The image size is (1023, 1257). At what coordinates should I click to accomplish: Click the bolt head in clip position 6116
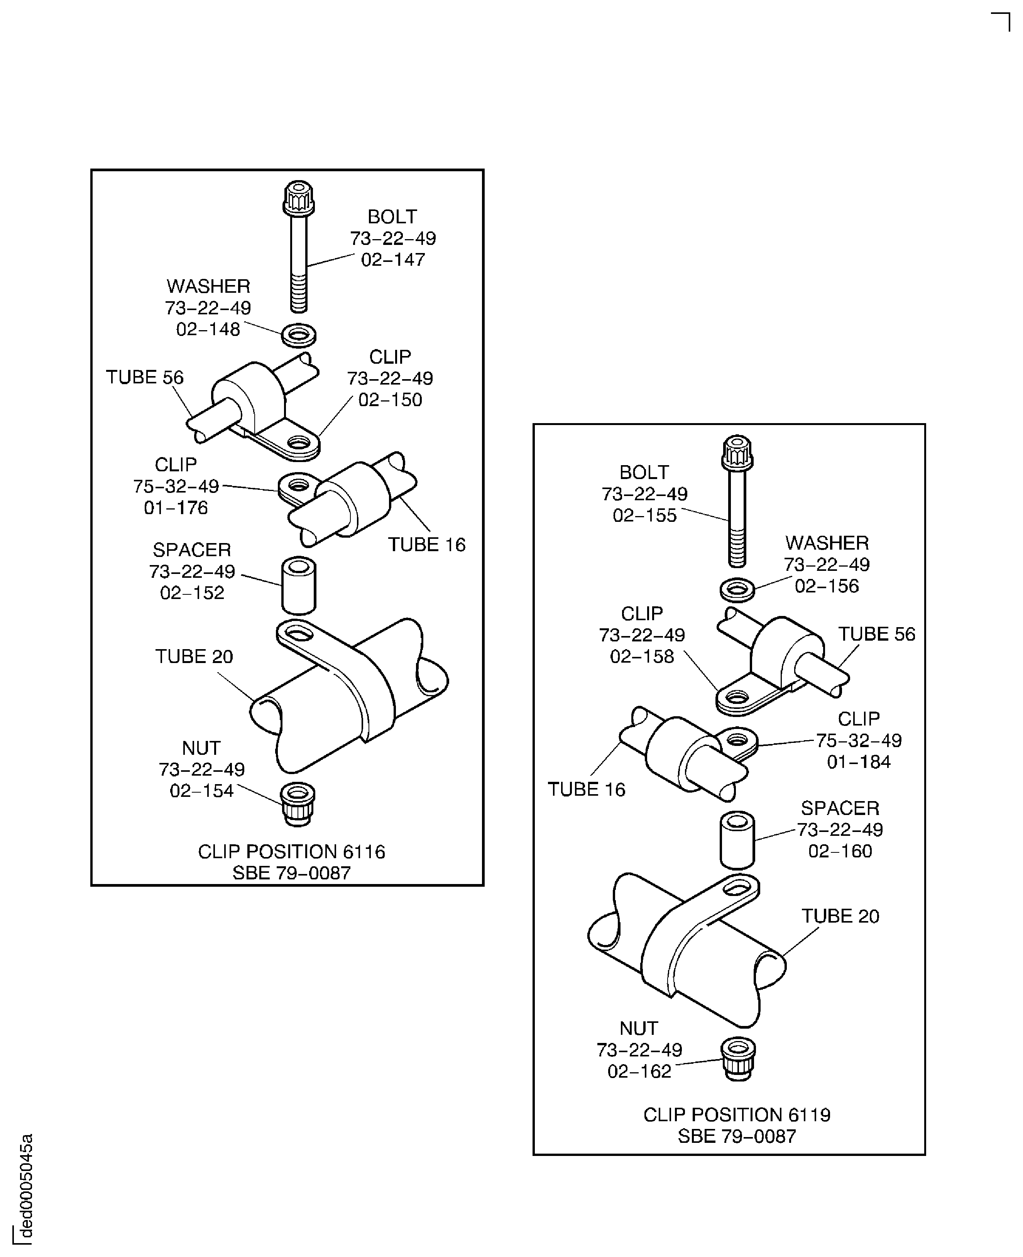[x=298, y=199]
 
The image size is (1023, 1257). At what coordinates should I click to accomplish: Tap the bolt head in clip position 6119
[x=737, y=452]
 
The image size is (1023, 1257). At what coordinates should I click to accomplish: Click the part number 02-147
[x=393, y=260]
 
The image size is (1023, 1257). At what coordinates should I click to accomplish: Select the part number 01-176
[x=176, y=508]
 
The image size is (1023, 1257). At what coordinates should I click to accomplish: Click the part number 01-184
[x=859, y=762]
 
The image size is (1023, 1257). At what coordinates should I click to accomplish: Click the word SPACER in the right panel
[x=840, y=808]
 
